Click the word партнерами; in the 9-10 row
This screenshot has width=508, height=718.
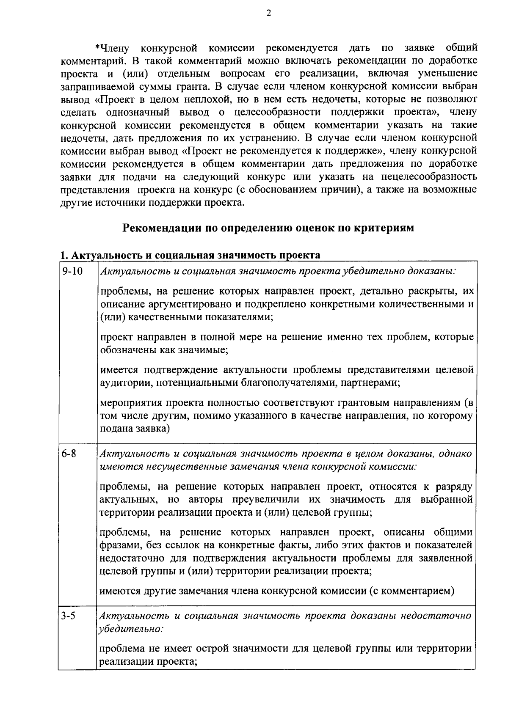[x=373, y=383]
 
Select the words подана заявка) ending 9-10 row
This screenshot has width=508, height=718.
[x=135, y=429]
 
